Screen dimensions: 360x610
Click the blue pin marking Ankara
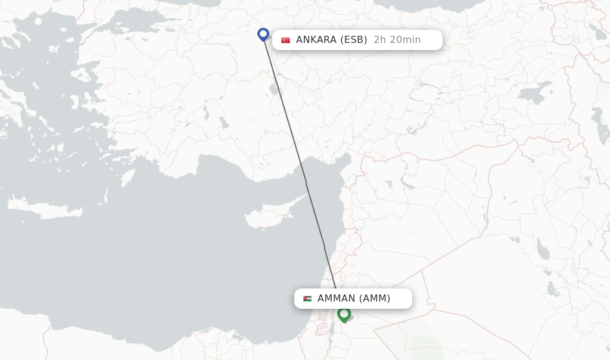[x=263, y=34]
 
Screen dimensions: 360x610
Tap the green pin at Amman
[x=344, y=314]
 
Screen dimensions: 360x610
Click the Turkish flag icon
[x=286, y=40]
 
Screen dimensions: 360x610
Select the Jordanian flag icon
[x=307, y=299]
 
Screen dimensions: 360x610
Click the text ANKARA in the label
[x=316, y=40]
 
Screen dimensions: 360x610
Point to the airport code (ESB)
[x=354, y=40]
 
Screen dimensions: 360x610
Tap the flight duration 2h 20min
[x=397, y=40]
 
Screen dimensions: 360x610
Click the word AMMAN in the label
[x=336, y=299]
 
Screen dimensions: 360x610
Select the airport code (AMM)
[x=374, y=299]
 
